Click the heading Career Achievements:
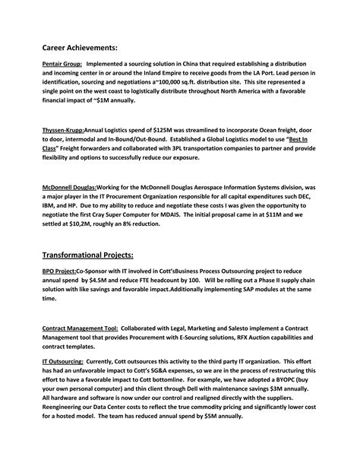click(85, 47)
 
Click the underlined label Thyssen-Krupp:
click(63, 130)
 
